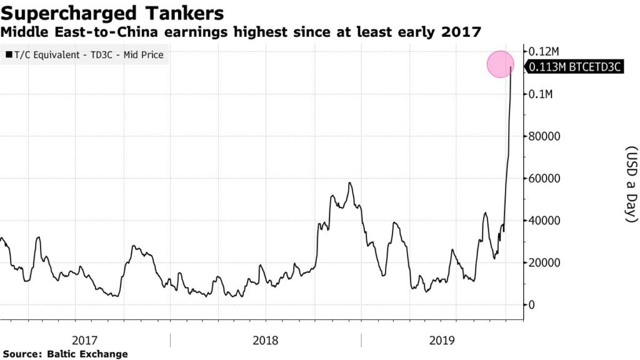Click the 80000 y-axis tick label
[x=546, y=136]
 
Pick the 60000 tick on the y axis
[x=546, y=178]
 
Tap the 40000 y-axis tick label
[x=546, y=221]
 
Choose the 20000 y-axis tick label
[x=546, y=262]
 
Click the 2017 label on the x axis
[x=84, y=341]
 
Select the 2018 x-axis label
[x=266, y=341]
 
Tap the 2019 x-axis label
[x=442, y=341]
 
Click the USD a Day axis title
[x=631, y=184]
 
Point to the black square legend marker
[x=8, y=55]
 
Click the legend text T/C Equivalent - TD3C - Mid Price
[x=89, y=55]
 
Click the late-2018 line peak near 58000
[x=350, y=183]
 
